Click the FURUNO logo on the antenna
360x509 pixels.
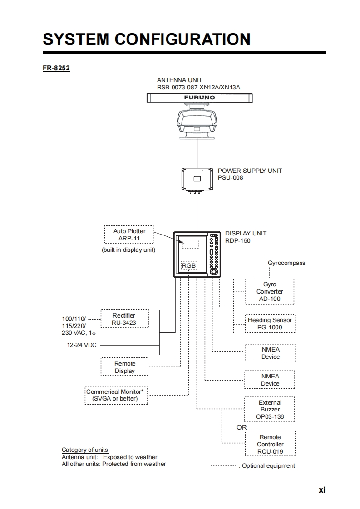coord(199,98)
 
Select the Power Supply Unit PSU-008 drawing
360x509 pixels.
coord(197,179)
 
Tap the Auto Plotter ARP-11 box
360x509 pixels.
coord(129,235)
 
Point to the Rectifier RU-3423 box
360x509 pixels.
coord(124,319)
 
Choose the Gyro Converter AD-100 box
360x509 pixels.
coord(270,292)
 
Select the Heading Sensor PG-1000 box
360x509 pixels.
coord(270,323)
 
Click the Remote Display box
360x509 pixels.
coord(125,367)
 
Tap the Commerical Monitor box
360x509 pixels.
coord(116,395)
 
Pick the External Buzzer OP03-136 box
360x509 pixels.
coord(270,410)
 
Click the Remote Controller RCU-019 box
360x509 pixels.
coord(270,444)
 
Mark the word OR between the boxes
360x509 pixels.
coord(242,427)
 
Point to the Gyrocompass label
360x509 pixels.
coord(286,263)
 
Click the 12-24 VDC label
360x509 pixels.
coord(82,345)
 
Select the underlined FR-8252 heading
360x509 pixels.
coord(56,69)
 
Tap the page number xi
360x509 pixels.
coord(322,490)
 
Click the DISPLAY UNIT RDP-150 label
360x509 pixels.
coord(246,237)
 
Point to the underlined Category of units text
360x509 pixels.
coord(85,450)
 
